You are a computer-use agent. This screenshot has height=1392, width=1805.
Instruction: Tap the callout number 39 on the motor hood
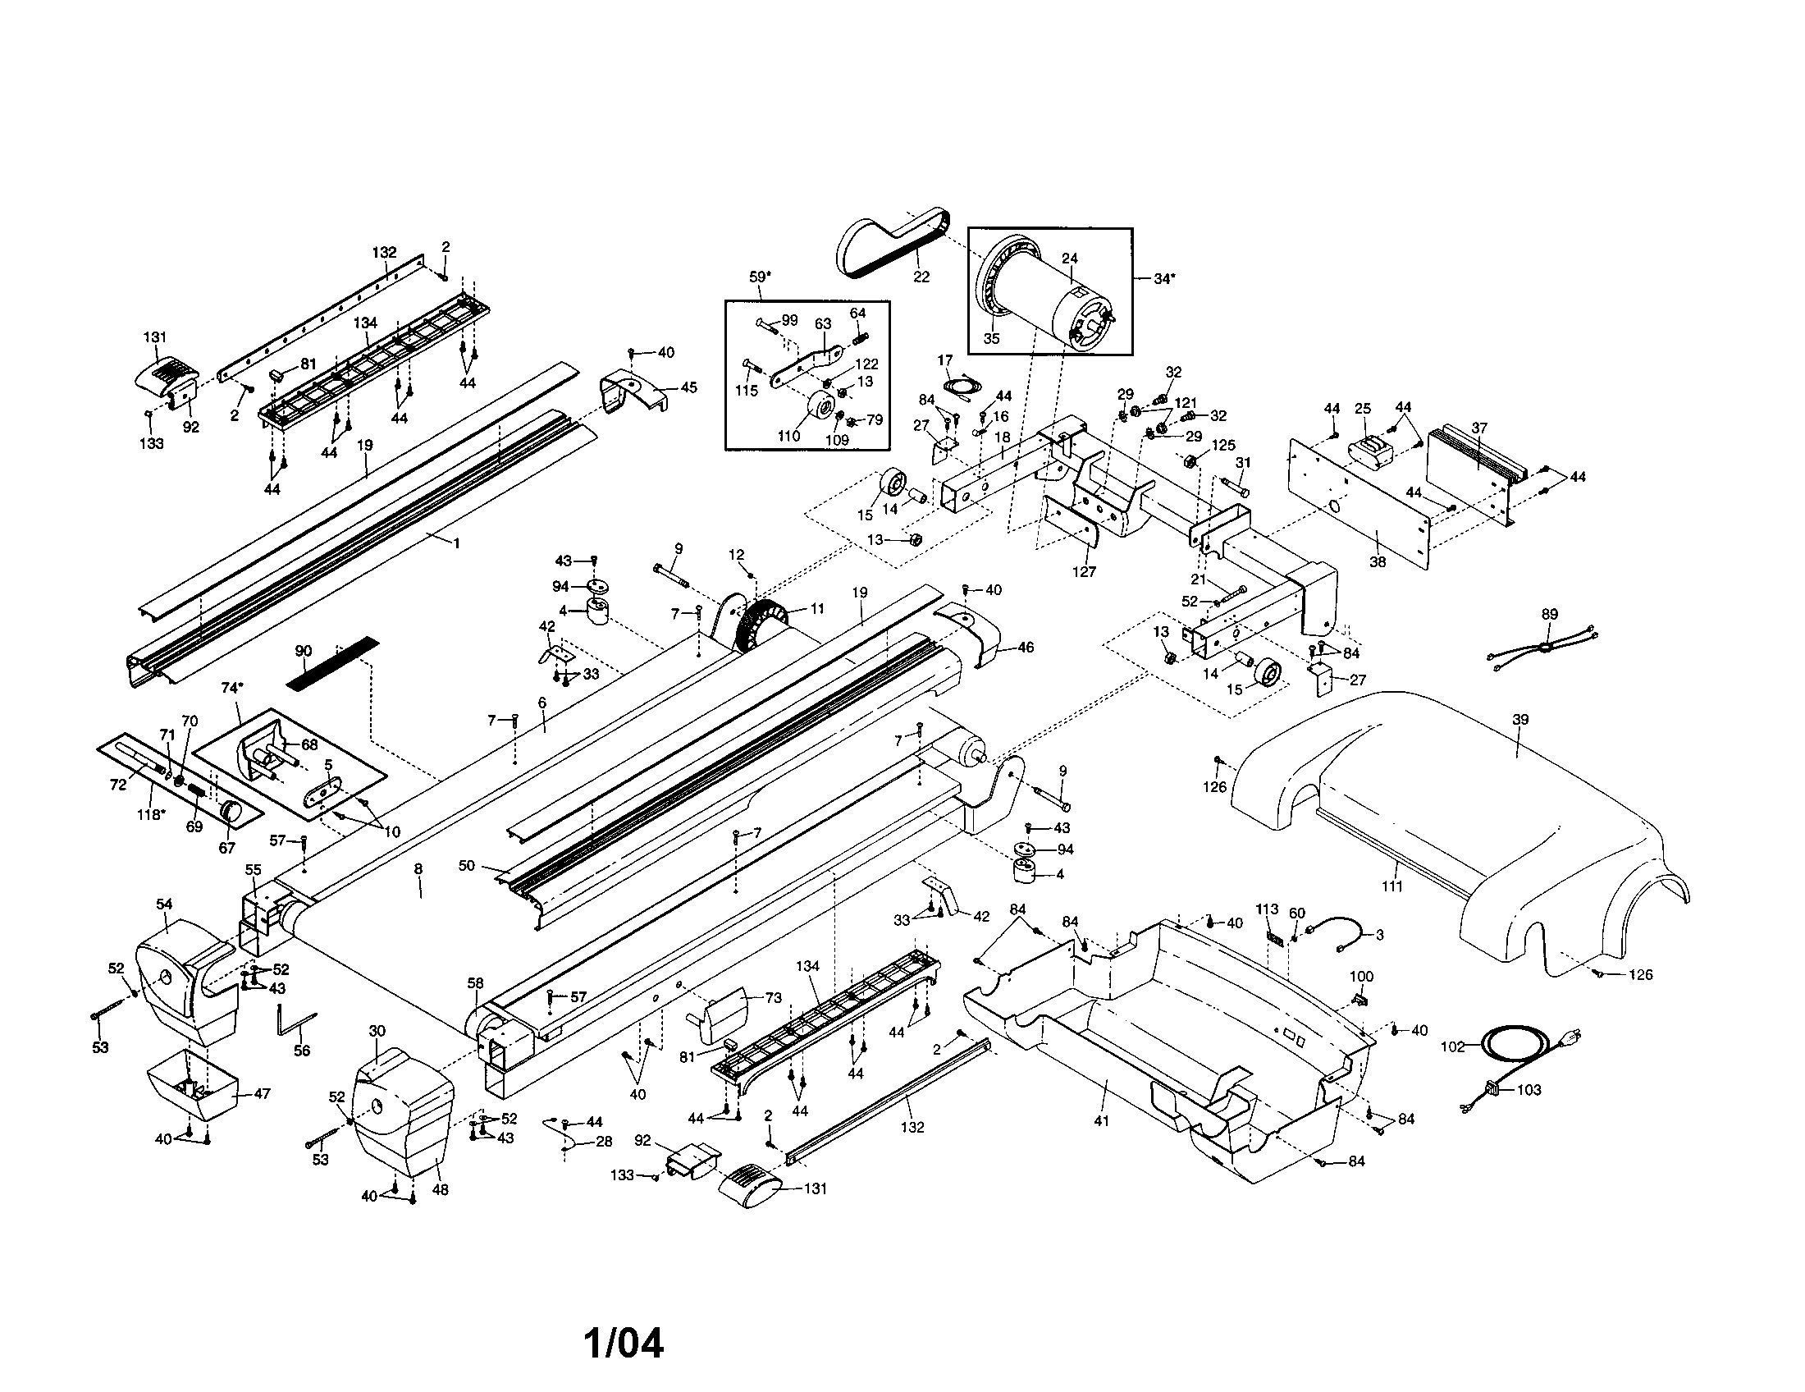(1519, 719)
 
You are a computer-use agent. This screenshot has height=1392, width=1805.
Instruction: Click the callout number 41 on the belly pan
(1101, 1121)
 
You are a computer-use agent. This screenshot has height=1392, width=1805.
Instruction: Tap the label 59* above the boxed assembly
(760, 277)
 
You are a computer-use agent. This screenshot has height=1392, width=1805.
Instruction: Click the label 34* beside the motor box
(1163, 278)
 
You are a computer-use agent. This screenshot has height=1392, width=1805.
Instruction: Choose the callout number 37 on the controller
(1479, 428)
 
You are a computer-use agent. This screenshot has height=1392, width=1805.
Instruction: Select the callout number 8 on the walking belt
(418, 868)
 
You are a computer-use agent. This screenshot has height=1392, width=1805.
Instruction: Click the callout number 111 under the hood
(1391, 887)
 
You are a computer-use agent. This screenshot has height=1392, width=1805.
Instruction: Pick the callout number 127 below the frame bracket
(1084, 571)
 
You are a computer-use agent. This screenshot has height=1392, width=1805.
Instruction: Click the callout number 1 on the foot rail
(455, 543)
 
